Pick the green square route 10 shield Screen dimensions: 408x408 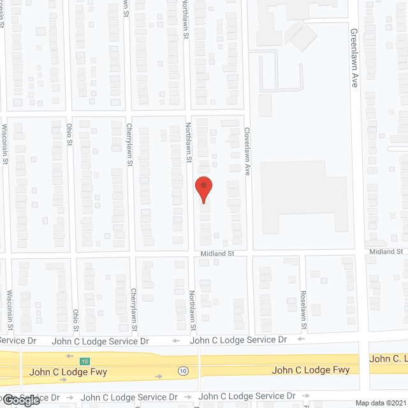pyautogui.click(x=84, y=361)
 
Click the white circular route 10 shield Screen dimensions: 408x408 pyautogui.click(x=183, y=371)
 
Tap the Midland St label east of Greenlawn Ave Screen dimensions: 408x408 pyautogui.click(x=388, y=252)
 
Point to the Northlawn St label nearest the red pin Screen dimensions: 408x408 pyautogui.click(x=188, y=142)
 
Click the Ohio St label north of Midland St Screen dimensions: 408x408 pyautogui.click(x=69, y=134)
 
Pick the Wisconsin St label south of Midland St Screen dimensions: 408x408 pyautogui.click(x=10, y=310)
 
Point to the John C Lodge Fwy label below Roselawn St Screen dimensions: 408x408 pyautogui.click(x=310, y=370)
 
